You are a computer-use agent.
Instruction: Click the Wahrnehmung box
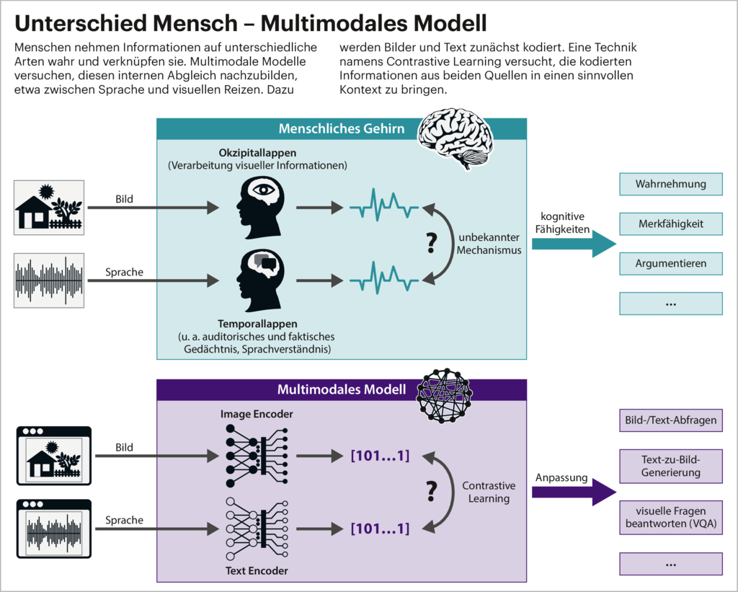pos(670,185)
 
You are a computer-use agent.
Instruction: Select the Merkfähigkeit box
pos(670,224)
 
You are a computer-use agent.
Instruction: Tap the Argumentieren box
pos(670,264)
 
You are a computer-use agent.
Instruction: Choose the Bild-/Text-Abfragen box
pos(670,420)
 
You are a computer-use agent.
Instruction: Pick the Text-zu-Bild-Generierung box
pos(670,466)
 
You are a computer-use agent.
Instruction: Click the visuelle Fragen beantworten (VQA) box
pos(670,517)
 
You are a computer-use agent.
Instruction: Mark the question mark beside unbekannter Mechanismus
pos(432,244)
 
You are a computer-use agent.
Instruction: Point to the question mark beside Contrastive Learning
pos(432,492)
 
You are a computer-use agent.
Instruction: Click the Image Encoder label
pos(257,414)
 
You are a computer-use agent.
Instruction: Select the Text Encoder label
pos(257,571)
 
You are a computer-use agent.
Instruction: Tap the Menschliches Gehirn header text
pos(342,129)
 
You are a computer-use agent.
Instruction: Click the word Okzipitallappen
pos(257,153)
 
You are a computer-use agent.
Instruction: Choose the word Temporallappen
pos(257,324)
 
